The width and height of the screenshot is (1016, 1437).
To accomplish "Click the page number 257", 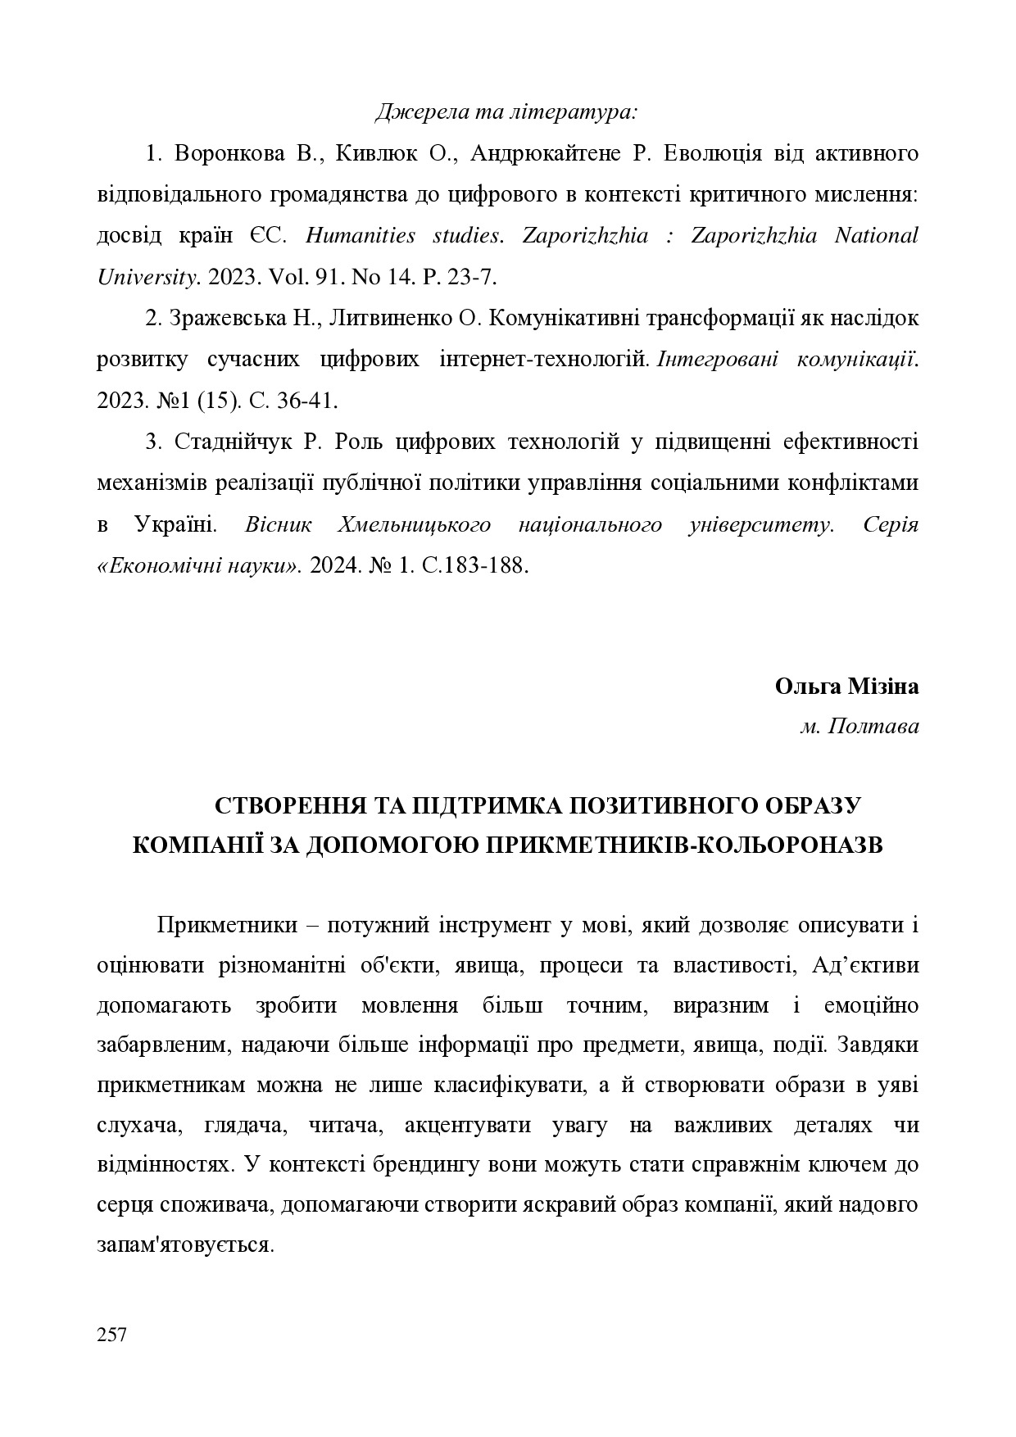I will point(111,1334).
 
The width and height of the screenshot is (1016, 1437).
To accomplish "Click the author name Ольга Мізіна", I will point(846,687).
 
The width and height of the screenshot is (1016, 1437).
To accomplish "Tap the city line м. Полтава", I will point(859,727).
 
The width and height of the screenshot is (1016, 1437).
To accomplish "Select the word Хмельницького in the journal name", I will point(414,524).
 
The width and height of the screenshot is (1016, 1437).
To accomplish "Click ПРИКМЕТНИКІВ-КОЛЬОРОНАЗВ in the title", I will point(684,845).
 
